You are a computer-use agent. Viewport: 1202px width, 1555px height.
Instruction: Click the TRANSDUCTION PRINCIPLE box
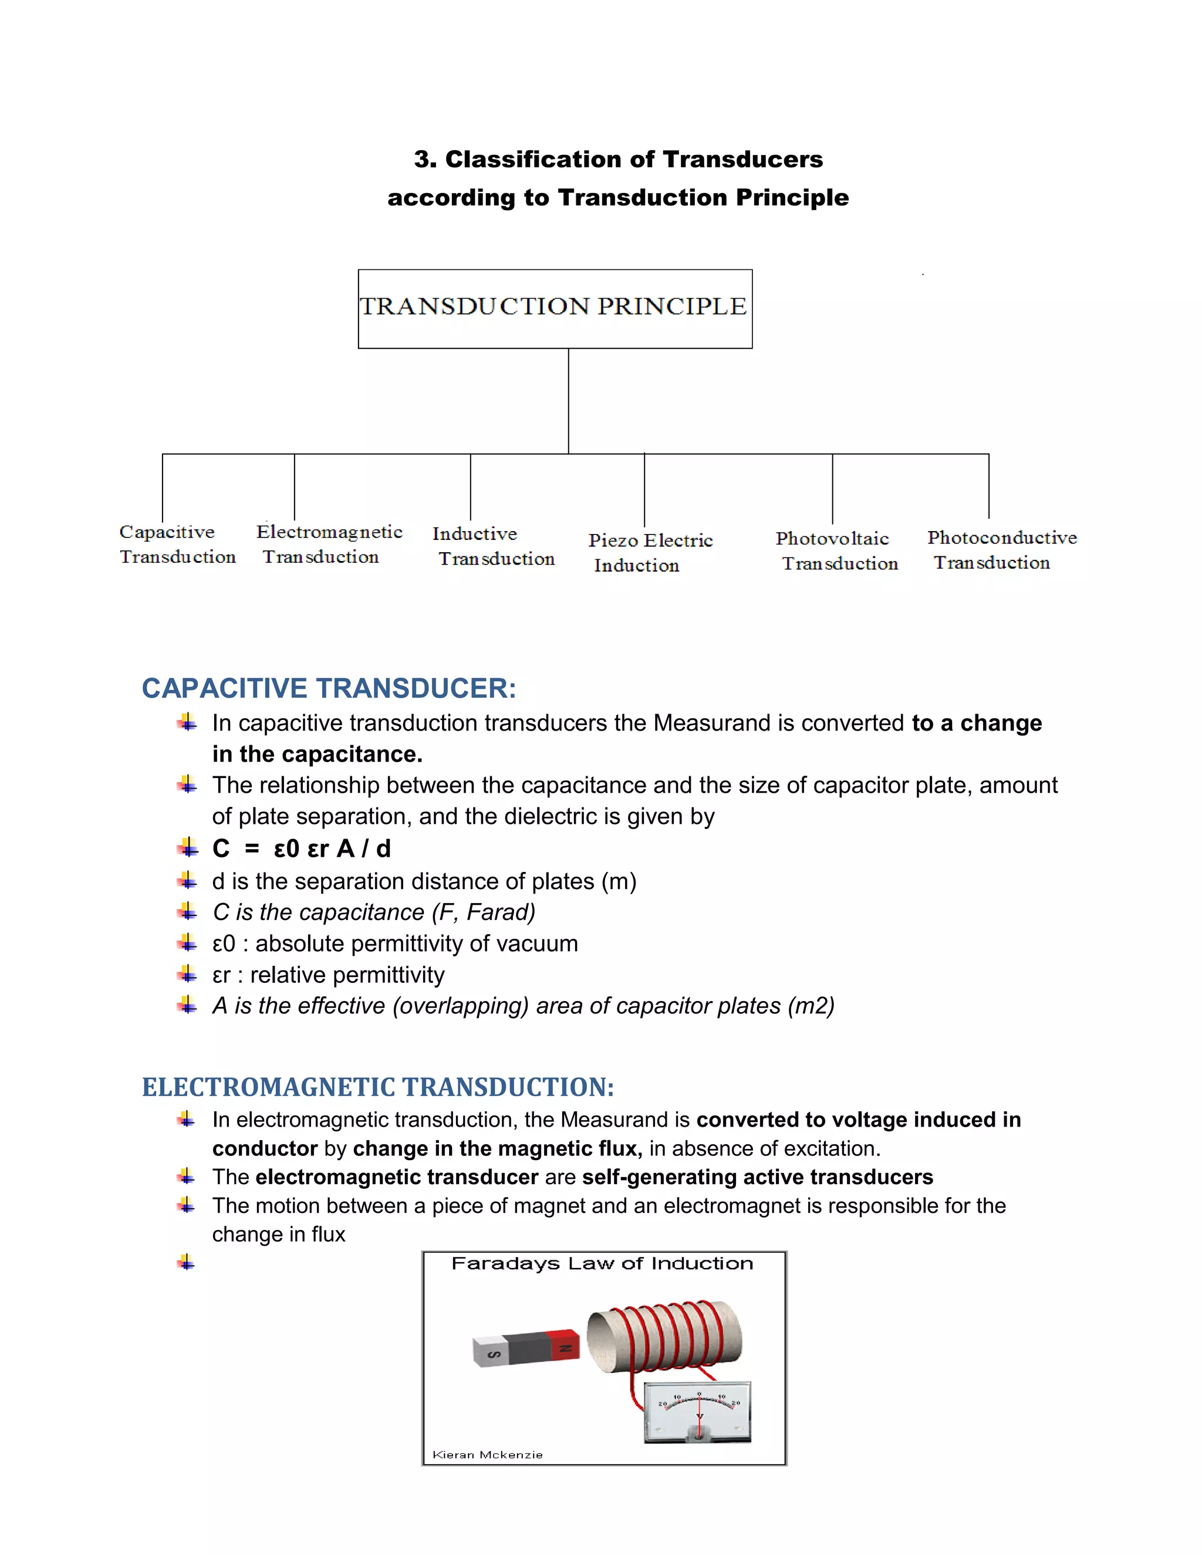555,308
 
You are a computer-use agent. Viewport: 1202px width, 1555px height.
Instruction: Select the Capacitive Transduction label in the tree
177,544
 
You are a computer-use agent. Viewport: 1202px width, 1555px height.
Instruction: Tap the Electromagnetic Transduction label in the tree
329,544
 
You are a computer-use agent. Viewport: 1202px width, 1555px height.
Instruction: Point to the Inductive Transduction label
493,546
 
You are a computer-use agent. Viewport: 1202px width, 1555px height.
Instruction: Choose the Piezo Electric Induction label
650,553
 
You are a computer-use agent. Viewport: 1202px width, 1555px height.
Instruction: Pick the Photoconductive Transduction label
1001,550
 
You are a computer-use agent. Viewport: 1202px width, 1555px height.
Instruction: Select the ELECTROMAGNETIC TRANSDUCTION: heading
377,1087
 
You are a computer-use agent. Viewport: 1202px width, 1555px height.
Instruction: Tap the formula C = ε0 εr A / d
301,849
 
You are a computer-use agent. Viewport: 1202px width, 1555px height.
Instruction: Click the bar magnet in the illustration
525,1348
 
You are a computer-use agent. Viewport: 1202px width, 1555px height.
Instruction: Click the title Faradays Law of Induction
602,1264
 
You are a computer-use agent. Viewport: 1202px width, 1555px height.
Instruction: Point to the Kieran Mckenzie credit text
487,1455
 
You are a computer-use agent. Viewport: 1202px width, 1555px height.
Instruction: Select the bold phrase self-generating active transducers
757,1177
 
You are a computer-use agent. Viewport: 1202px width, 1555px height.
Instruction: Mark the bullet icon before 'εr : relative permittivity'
187,973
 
